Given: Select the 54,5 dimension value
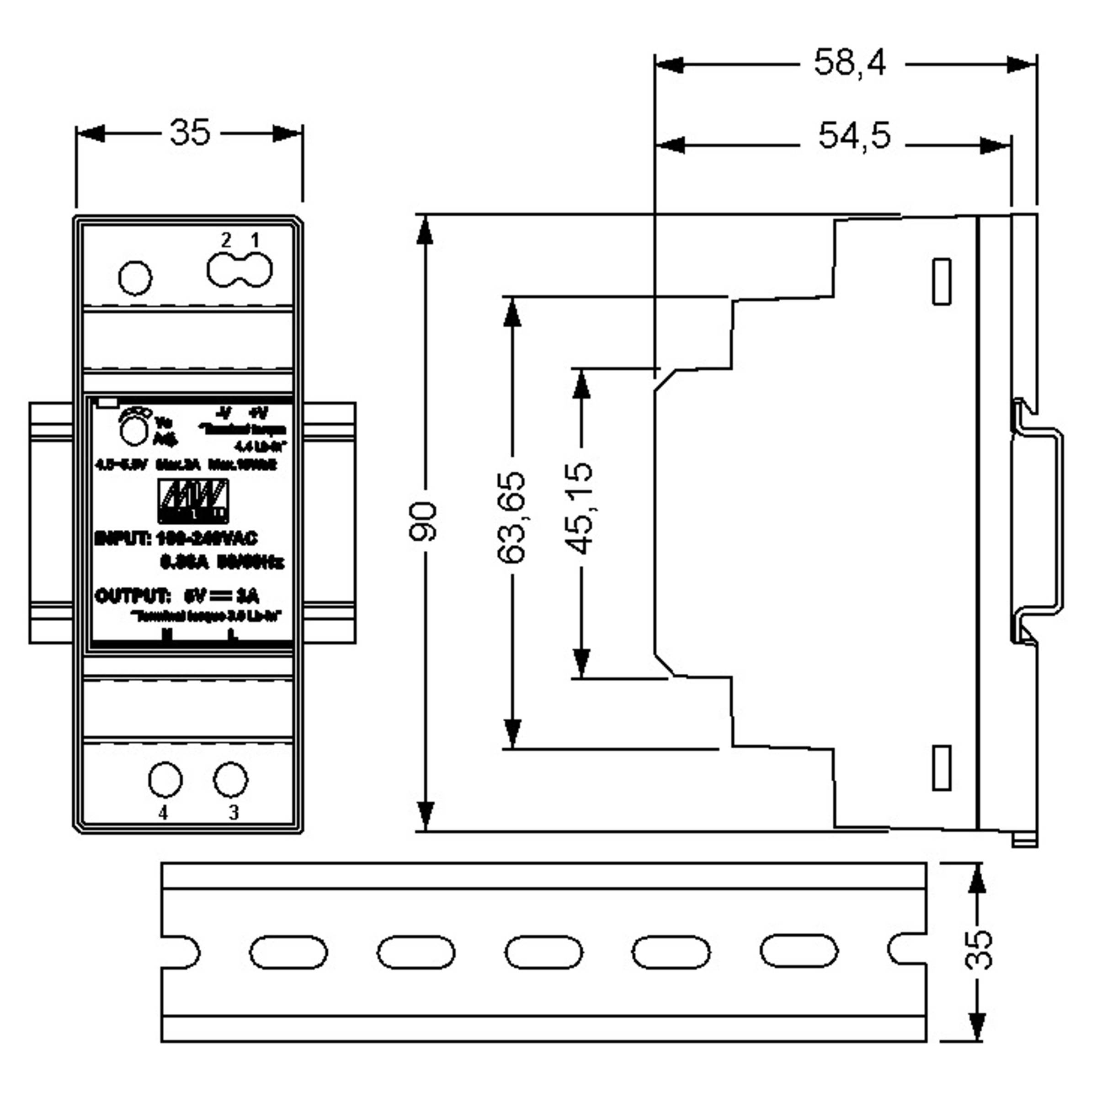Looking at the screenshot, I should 854,136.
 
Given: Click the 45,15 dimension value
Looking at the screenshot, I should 579,509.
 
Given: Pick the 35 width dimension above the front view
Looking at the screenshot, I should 190,133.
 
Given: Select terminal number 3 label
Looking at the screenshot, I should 234,813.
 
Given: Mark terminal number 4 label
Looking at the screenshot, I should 164,813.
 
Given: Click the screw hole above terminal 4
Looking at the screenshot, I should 165,780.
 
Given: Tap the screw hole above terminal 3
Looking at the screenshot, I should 230,780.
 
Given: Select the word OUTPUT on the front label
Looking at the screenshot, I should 132,597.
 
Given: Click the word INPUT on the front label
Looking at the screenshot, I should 122,538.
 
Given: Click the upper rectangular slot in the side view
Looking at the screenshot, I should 942,282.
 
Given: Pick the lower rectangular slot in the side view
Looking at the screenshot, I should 942,768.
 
